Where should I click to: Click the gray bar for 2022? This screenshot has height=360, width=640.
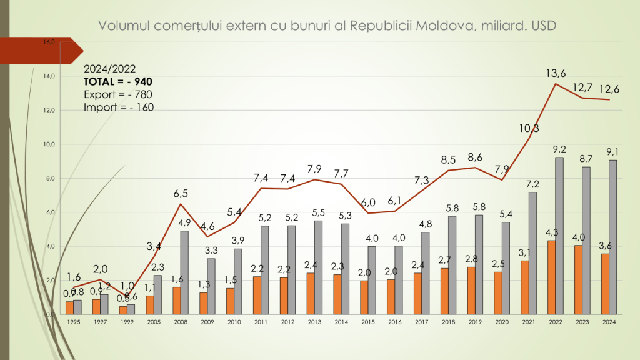[x=559, y=236]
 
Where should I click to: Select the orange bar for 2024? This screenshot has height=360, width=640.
[x=604, y=284]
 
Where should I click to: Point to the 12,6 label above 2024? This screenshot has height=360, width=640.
[x=610, y=89]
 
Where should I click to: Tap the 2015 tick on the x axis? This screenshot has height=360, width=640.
[x=368, y=322]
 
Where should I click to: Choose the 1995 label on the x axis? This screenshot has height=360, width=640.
[x=74, y=322]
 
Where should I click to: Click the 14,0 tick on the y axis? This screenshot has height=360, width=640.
[x=49, y=76]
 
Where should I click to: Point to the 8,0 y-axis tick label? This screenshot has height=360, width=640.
[x=49, y=178]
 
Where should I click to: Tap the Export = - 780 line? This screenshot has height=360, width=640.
[x=118, y=94]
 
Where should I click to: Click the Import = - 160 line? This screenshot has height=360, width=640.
[x=119, y=107]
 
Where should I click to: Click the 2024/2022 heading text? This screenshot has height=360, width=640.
[x=109, y=69]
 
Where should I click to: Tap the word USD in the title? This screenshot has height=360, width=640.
[x=543, y=26]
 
